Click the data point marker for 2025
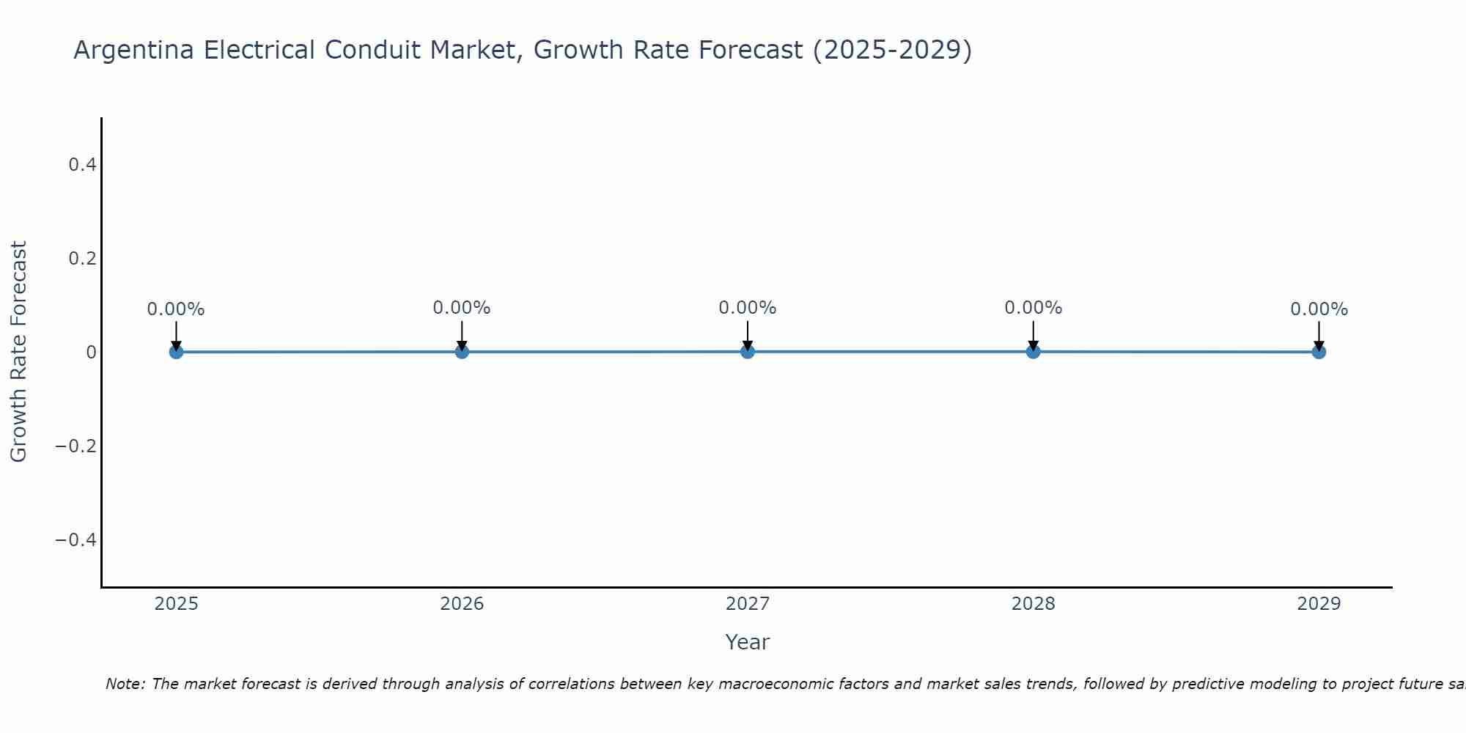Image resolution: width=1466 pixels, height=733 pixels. tap(176, 352)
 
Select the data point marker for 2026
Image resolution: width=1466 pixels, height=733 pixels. tap(462, 352)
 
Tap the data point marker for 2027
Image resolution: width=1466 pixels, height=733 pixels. tap(748, 351)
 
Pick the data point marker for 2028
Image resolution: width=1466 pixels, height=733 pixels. tap(1034, 351)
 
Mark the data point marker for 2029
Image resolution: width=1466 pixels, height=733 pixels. tap(1319, 352)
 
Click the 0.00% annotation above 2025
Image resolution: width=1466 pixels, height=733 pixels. tap(176, 309)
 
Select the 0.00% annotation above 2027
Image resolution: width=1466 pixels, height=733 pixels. tap(748, 308)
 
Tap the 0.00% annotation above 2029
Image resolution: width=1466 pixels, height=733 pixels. tap(1319, 309)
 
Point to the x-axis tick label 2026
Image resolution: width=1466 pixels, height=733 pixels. tap(462, 604)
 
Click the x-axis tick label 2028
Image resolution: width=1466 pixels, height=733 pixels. tap(1034, 604)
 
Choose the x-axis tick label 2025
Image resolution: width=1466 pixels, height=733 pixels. tap(177, 604)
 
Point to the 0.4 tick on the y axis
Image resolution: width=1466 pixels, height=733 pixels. tap(83, 165)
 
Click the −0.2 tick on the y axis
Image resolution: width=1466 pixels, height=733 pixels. tap(76, 446)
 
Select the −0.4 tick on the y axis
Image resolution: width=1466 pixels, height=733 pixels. tap(76, 540)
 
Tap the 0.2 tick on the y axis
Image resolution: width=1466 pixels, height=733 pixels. tap(83, 259)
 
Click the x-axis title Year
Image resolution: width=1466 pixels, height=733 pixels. tap(747, 643)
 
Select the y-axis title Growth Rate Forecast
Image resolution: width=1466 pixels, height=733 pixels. tap(18, 352)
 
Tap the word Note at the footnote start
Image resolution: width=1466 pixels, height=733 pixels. tap(125, 684)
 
